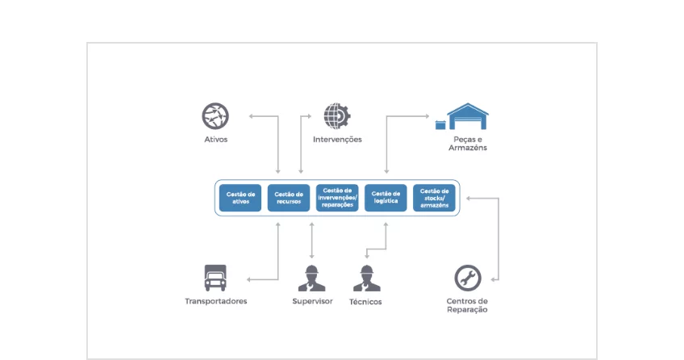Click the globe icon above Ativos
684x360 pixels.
[215, 116]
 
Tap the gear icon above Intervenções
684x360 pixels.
[336, 116]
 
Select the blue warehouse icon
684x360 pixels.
[468, 116]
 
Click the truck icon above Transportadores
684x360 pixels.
[215, 278]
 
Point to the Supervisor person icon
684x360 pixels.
[311, 278]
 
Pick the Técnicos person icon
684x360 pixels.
[366, 278]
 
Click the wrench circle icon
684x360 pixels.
[467, 278]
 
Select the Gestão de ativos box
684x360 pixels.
[240, 198]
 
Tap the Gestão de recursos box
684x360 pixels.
[288, 198]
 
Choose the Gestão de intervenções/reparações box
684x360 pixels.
[337, 198]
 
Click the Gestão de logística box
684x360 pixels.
[385, 198]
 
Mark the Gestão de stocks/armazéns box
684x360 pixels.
[434, 198]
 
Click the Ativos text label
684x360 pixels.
[215, 140]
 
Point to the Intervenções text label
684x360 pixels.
[337, 140]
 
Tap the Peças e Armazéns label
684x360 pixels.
[468, 144]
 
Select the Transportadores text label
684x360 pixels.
[215, 302]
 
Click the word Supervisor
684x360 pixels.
[312, 302]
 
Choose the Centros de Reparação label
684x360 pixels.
[467, 305]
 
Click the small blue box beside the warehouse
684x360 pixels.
[440, 124]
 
